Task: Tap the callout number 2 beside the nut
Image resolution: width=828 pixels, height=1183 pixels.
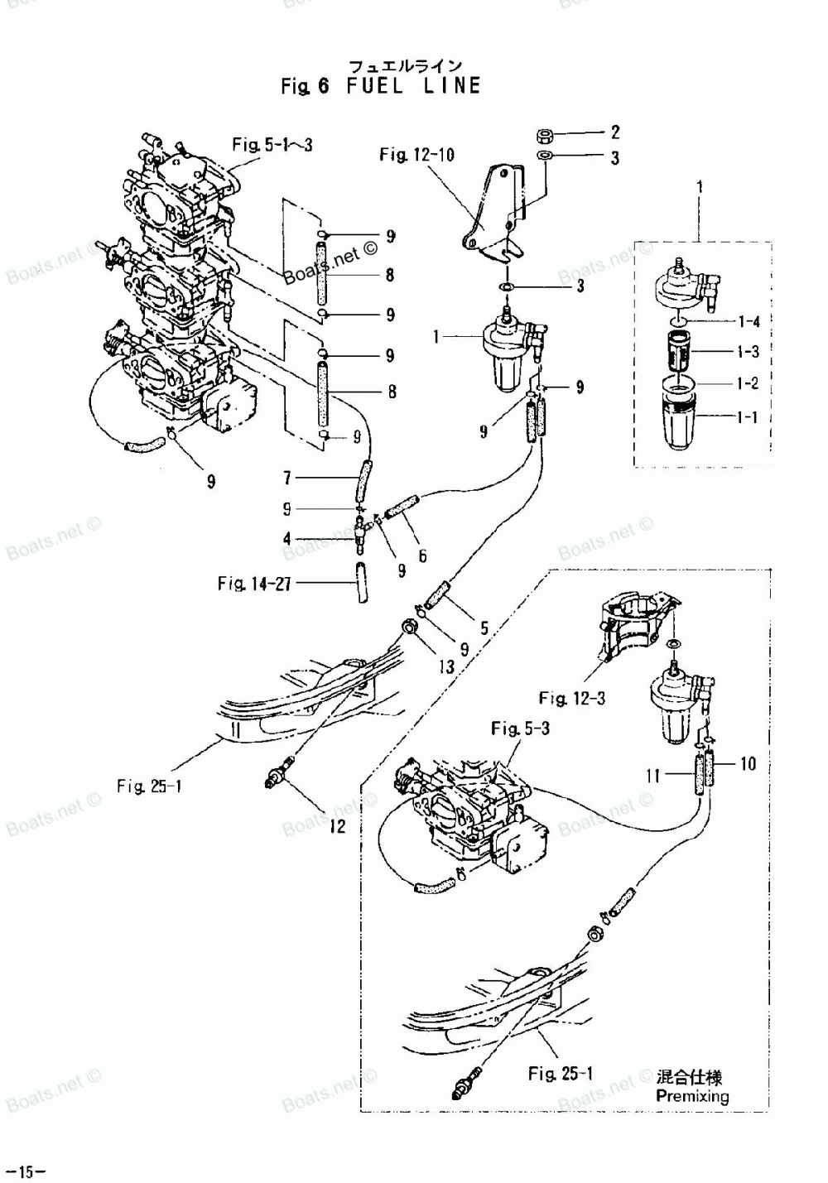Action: point(614,132)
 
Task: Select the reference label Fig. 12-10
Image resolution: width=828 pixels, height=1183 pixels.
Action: point(416,155)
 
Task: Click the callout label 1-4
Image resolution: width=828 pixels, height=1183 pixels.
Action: point(747,321)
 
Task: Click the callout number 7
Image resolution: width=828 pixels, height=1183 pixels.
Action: point(287,478)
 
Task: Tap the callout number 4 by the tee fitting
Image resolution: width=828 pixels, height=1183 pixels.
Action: point(287,539)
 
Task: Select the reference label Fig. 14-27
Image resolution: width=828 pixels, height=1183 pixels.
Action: point(254,584)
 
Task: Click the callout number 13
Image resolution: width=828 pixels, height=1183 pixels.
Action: point(446,666)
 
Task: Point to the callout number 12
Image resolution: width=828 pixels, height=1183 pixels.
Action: point(338,825)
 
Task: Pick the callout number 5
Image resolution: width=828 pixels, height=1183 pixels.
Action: point(484,628)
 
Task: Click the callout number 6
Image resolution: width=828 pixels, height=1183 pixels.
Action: point(422,556)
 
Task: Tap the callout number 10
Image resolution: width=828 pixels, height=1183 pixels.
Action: point(748,763)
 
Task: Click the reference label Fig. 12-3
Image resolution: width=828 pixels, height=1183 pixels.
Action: point(571,699)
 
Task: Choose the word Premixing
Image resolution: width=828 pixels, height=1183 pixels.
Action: point(692,1096)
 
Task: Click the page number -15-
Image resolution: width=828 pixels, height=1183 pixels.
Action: point(24,1171)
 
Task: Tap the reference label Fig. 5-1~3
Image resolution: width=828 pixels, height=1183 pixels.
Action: point(272,146)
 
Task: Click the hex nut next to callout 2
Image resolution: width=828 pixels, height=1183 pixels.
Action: point(546,134)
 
